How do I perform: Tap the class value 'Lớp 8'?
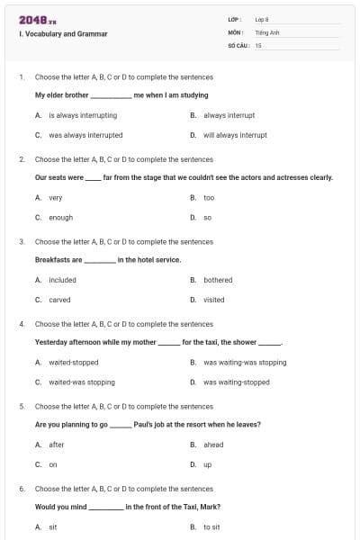pos(262,19)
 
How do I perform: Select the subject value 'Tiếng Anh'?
pos(267,31)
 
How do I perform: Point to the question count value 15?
pos(258,44)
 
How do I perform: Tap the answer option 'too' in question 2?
pos(209,197)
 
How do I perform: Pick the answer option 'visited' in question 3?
pos(214,300)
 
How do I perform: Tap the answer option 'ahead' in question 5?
pos(213,445)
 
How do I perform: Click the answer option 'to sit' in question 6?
pos(211,526)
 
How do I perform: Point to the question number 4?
pos(22,324)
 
